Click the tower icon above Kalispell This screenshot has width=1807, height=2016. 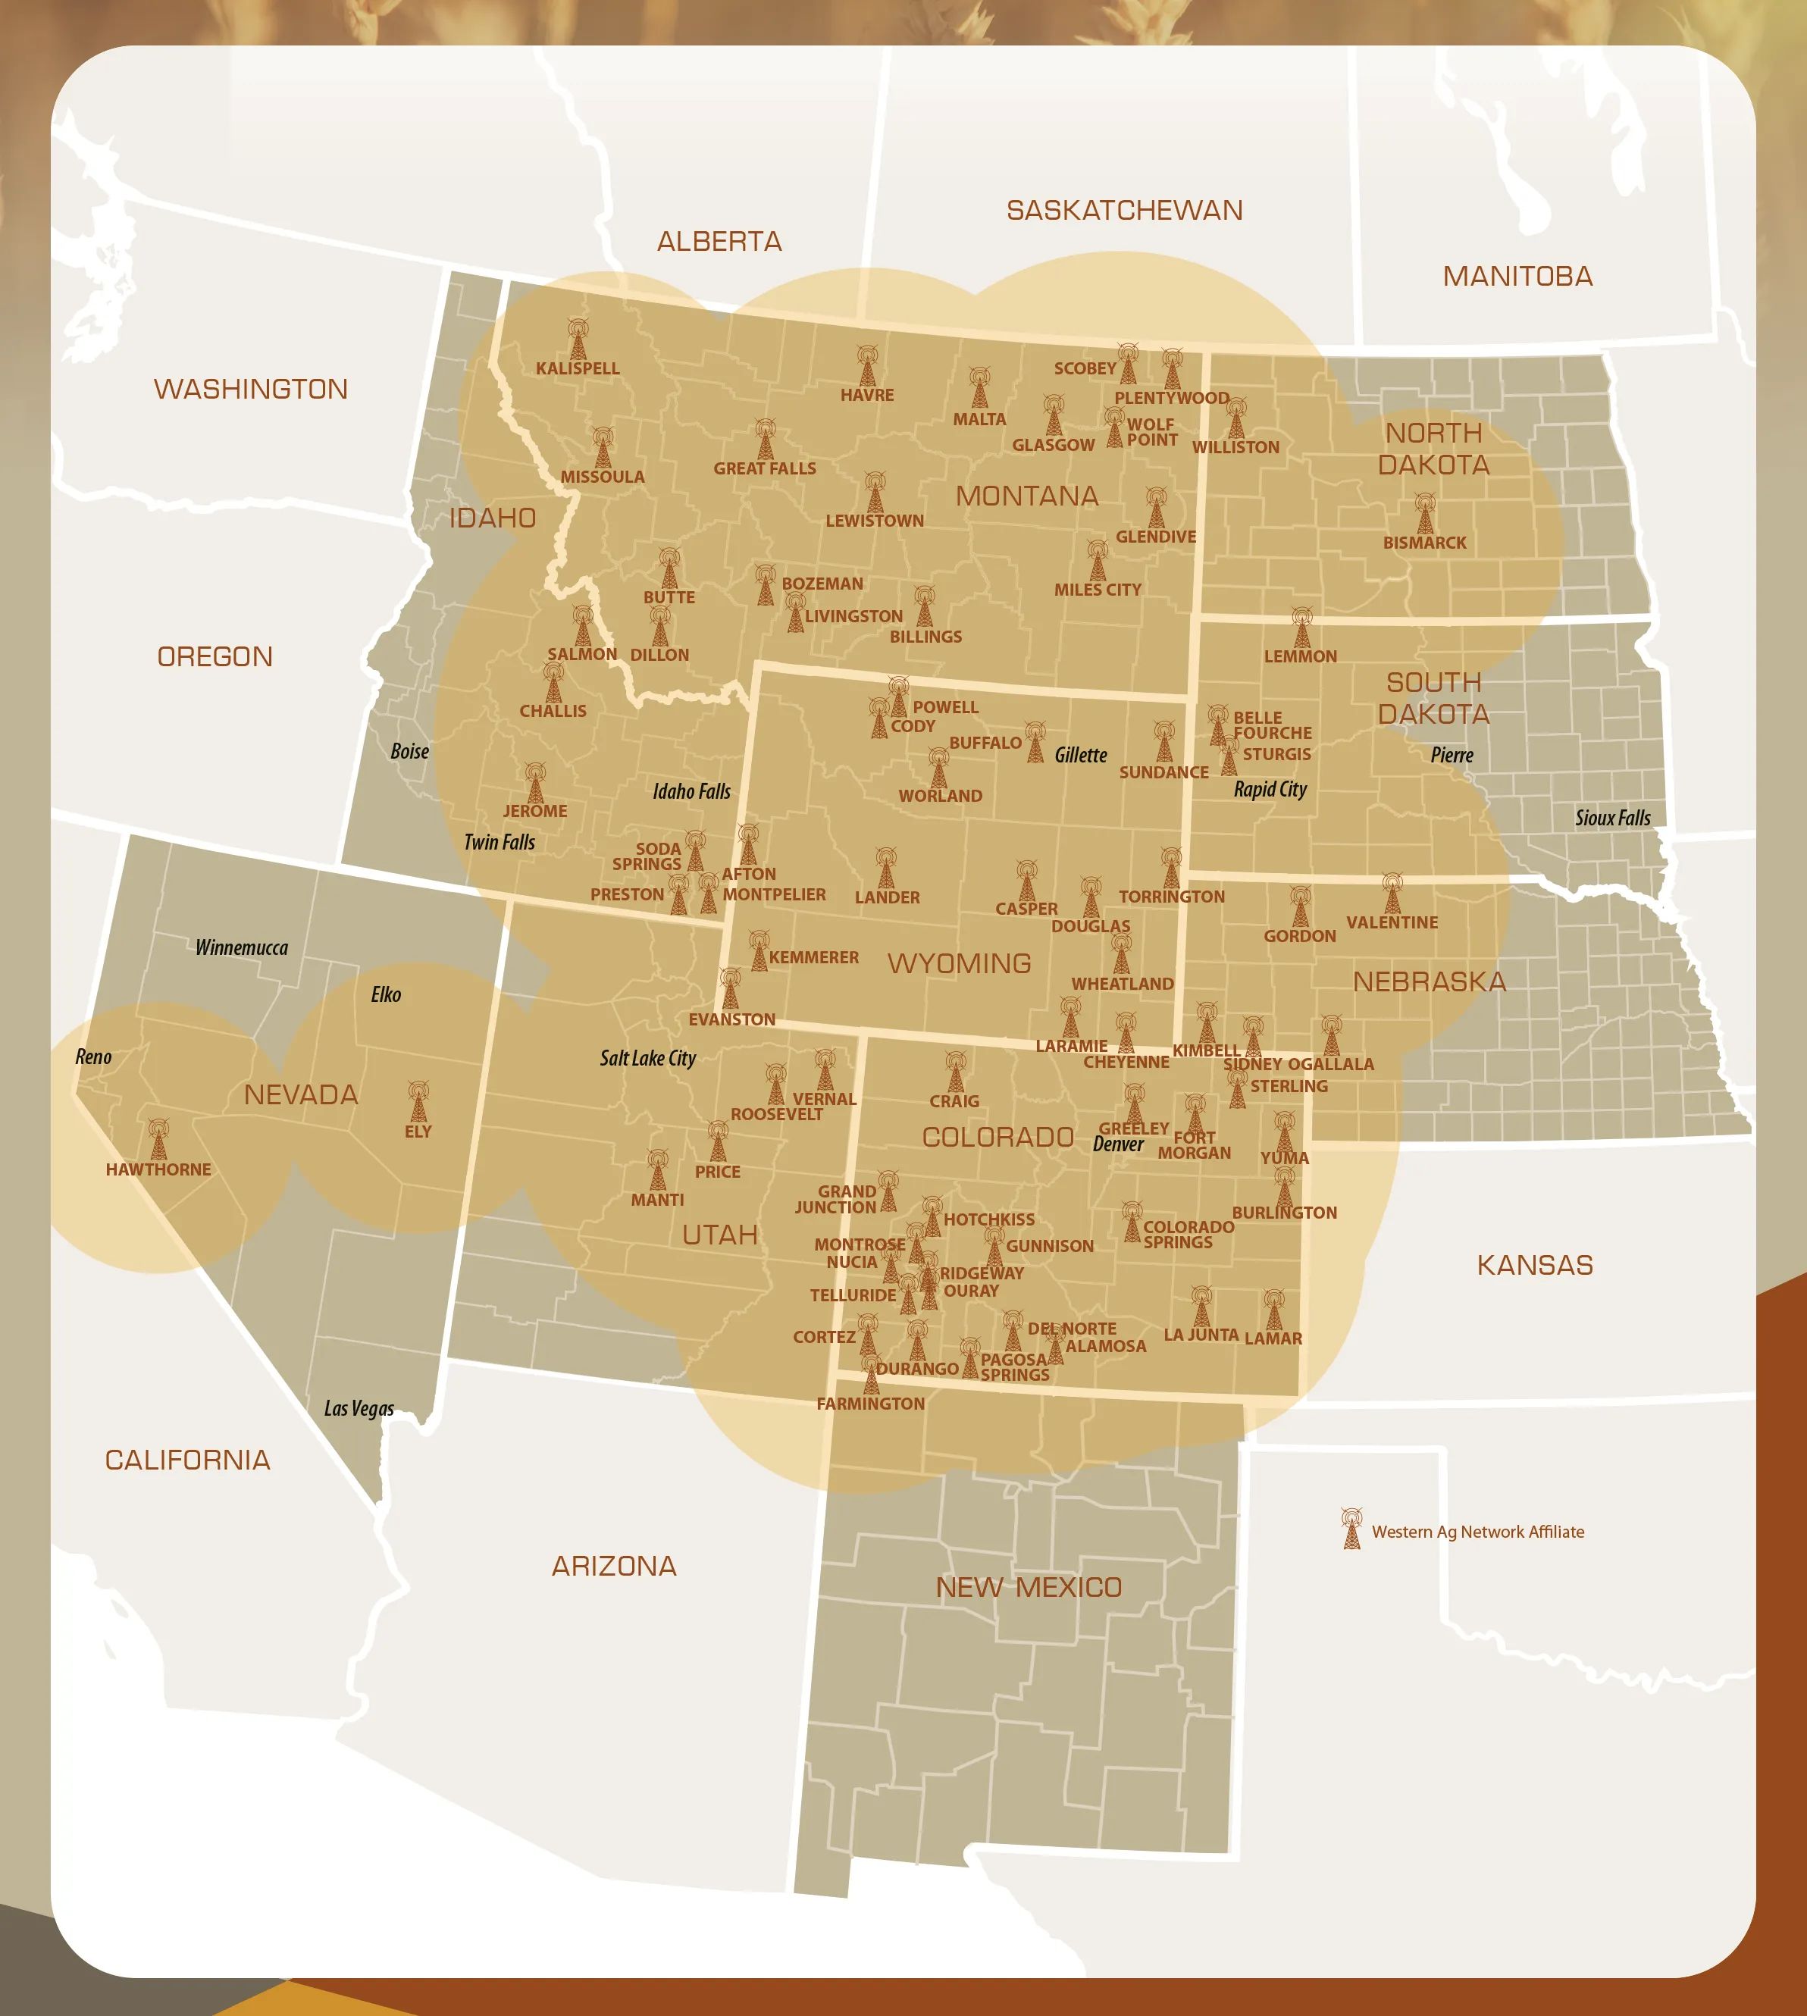(578, 340)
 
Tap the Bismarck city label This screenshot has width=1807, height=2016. (1425, 543)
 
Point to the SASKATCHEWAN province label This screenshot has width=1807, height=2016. (1124, 211)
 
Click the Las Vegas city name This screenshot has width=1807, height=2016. (359, 1408)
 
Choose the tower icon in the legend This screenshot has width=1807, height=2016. (1351, 1529)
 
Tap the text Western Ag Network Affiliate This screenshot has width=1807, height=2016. (1477, 1532)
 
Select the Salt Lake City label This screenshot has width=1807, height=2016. (647, 1058)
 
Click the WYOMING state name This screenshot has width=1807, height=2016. (959, 964)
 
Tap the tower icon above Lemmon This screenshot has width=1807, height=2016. (1301, 628)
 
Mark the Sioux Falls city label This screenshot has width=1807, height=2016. (1612, 818)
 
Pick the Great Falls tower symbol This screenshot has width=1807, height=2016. (765, 440)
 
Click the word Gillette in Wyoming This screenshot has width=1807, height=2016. (1080, 756)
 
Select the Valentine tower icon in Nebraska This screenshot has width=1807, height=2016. (1392, 894)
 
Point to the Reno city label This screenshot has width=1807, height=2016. (93, 1057)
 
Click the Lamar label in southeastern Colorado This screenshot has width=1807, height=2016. (1273, 1338)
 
